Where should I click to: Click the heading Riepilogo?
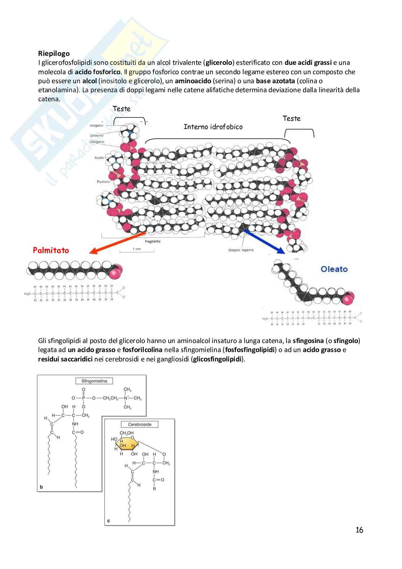tap(54, 54)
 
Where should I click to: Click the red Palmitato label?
tap(51, 250)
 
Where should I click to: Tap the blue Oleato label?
tap(334, 269)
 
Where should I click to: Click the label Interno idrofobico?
tap(213, 127)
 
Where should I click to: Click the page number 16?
tap(359, 530)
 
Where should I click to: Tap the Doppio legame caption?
tap(241, 250)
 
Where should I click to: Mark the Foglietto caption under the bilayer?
tap(153, 241)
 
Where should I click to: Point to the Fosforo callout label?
tap(103, 182)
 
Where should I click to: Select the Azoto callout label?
tap(99, 157)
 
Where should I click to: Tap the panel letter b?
tap(41, 487)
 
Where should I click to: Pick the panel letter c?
tap(108, 521)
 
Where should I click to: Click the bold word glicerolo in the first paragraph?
tap(219, 63)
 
